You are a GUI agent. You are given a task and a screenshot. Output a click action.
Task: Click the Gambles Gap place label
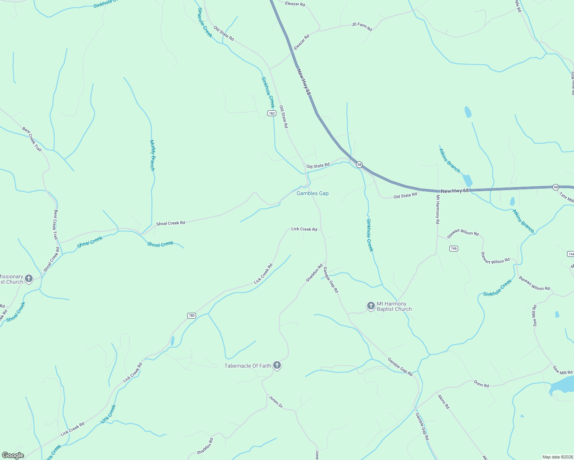[x=312, y=194]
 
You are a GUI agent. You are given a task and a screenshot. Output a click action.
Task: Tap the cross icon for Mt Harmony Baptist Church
[x=371, y=306]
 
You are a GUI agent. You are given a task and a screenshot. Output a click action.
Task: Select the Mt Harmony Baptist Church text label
[x=394, y=307]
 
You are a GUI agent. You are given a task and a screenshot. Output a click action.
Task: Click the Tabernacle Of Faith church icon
[x=277, y=366]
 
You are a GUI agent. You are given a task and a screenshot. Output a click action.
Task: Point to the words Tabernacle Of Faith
[x=248, y=366]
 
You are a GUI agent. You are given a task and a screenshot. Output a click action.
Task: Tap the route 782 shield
[x=272, y=113]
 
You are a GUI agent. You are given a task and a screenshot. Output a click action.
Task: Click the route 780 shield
[x=192, y=316]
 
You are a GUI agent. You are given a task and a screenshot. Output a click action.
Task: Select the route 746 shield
[x=454, y=248]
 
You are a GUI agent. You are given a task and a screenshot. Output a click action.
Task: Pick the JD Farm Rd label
[x=362, y=26]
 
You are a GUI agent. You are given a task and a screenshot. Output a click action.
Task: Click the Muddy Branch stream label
[x=152, y=155]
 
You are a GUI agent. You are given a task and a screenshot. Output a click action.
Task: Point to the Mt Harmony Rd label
[x=437, y=209]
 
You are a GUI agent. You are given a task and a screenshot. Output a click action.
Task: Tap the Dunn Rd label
[x=481, y=384]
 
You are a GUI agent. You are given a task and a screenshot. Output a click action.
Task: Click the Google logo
[x=13, y=455]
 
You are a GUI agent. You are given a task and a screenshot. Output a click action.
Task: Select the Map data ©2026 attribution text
[x=557, y=457]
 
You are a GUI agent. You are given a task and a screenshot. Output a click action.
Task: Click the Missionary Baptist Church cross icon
[x=29, y=279]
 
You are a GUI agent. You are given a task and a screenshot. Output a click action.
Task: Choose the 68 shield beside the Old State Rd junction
[x=359, y=164]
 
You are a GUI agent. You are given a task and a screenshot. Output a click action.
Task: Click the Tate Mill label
[x=566, y=198]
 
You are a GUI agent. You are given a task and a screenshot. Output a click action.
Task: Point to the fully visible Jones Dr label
[x=275, y=402]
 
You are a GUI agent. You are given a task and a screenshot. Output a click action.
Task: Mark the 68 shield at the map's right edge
[x=556, y=187]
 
